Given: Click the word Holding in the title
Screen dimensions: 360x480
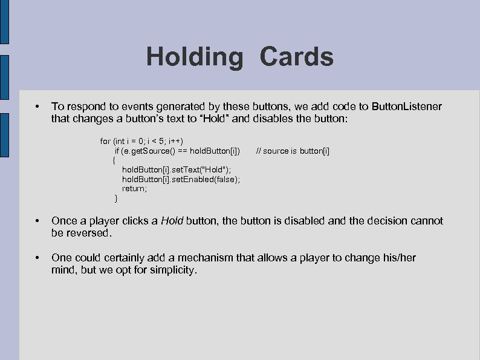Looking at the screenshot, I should [x=193, y=57].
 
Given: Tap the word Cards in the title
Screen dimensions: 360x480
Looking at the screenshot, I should [x=296, y=57].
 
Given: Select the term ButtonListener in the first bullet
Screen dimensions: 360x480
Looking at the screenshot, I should [x=406, y=106].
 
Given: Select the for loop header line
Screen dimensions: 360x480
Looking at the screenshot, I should [x=141, y=141].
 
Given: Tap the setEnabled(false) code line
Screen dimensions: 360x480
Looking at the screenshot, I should [x=181, y=179].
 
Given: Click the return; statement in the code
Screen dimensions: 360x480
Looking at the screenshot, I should [x=134, y=188].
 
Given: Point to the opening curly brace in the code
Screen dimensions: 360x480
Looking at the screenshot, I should [x=114, y=160].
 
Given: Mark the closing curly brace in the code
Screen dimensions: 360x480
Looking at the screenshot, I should [x=116, y=198].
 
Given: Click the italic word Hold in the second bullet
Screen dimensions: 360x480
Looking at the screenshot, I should [x=172, y=221].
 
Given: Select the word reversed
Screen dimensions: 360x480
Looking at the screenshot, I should [x=88, y=232].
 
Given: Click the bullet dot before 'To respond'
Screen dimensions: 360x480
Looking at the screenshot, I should [x=37, y=107].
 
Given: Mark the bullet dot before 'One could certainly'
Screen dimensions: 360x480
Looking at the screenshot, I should [x=37, y=258].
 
